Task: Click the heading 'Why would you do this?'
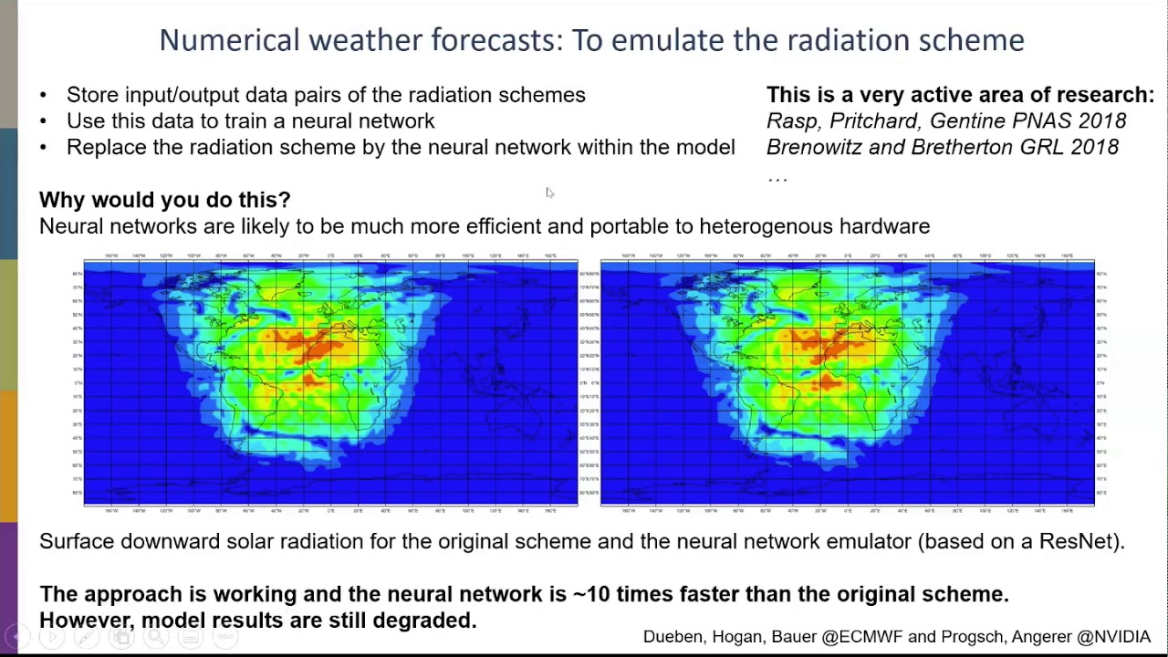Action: (x=164, y=200)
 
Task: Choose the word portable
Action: (x=629, y=226)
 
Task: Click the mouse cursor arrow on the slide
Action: (x=549, y=193)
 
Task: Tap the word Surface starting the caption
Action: (x=77, y=541)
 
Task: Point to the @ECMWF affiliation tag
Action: (x=862, y=637)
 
